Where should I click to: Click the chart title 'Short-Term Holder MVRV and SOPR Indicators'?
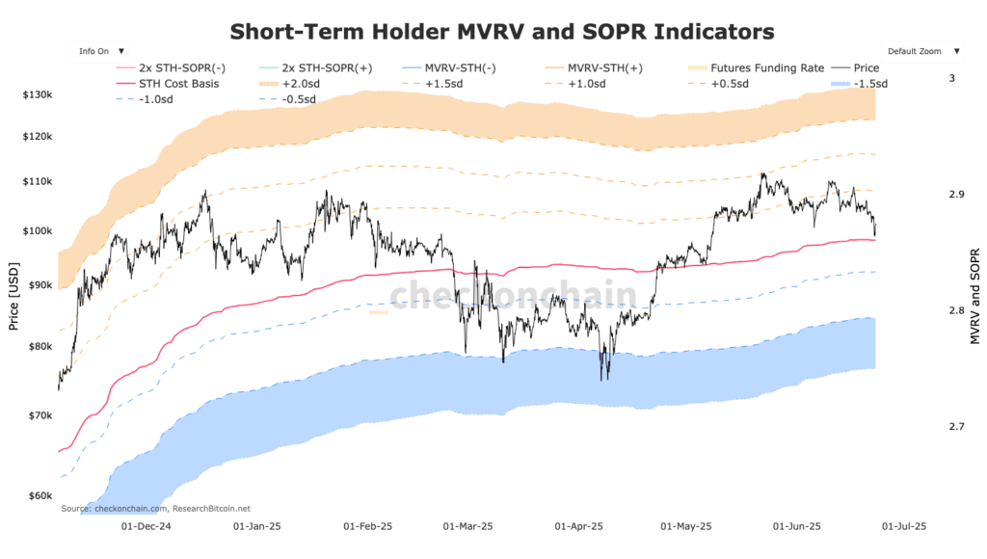tap(502, 31)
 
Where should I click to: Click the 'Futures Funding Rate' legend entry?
tap(766, 68)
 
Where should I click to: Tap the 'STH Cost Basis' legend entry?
tap(178, 84)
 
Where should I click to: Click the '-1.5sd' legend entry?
tap(867, 84)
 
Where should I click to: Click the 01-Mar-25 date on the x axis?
tap(467, 527)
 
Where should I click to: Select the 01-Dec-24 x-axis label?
tap(146, 527)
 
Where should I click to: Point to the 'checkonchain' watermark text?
tap(512, 295)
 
